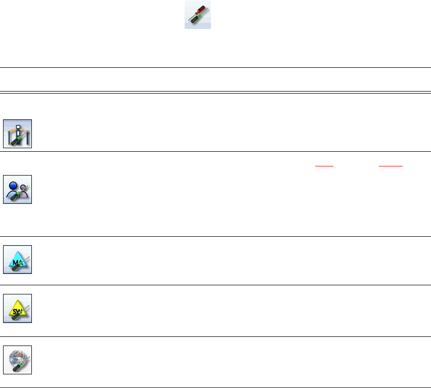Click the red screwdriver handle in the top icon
203,8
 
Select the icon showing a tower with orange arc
18,134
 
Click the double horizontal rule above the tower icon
215,92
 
